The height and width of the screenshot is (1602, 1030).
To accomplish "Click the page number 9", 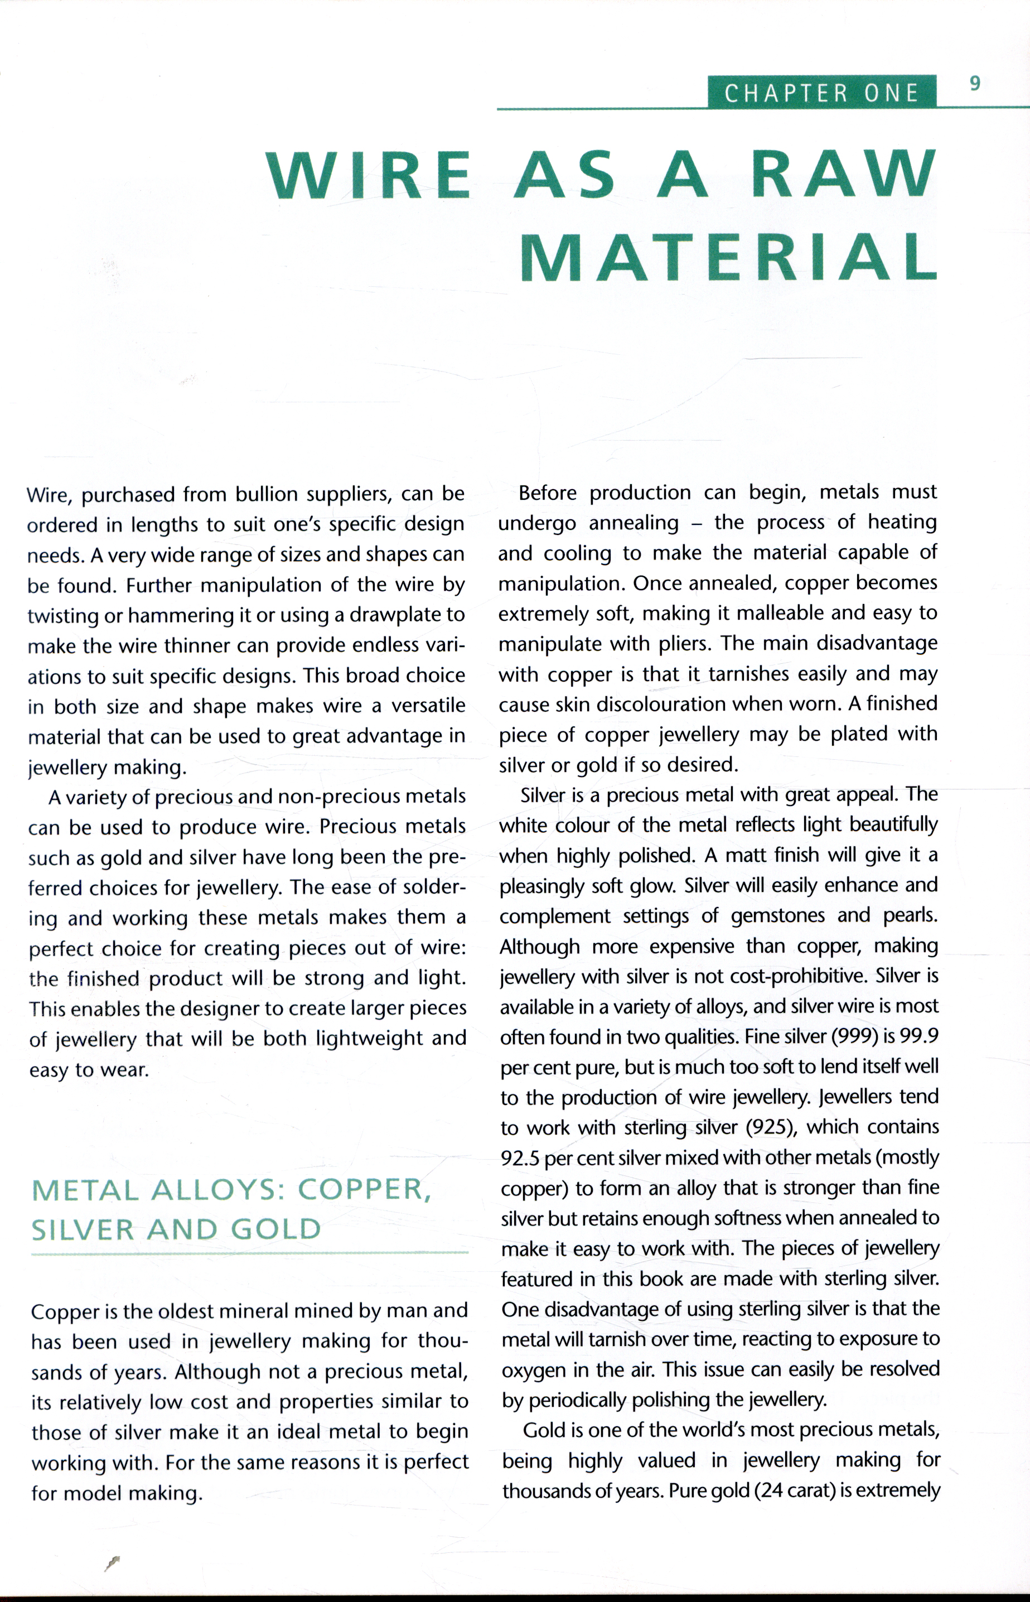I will point(975,84).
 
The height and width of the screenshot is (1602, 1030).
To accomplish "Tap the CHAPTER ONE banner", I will point(821,92).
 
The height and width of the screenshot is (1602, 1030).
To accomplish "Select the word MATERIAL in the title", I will point(728,258).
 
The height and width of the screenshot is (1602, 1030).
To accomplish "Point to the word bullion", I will point(266,494).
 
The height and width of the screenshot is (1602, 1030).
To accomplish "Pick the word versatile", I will point(428,706).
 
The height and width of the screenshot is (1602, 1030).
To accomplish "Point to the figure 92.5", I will point(520,1158).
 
